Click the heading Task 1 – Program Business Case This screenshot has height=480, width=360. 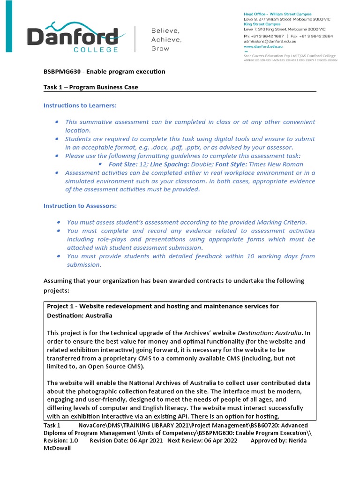[x=91, y=87]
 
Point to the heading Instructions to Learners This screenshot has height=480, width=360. [x=80, y=105]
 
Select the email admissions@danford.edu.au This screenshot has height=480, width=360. [x=266, y=41]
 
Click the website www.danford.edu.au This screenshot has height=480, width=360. [x=263, y=47]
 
